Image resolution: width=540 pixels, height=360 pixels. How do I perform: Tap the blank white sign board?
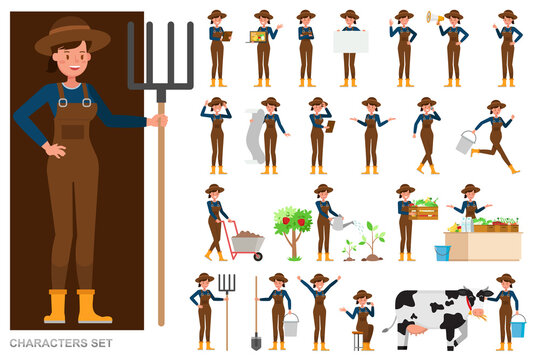[350, 41]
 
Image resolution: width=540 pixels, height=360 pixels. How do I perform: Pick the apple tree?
[293, 226]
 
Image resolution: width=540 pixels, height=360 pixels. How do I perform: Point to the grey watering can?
[342, 223]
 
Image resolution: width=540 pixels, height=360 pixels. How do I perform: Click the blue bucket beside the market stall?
[442, 253]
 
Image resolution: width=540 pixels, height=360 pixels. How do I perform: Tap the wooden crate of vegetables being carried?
[424, 209]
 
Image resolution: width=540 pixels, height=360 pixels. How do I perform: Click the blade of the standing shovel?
[256, 341]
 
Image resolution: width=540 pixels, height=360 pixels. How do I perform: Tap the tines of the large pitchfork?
[160, 55]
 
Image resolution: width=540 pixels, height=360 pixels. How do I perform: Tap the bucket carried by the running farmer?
[466, 143]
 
